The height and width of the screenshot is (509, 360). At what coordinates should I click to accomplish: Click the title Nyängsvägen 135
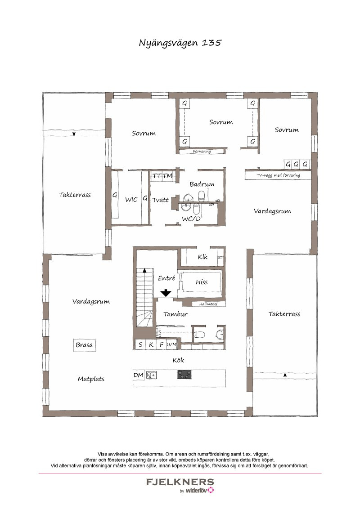[x=180, y=43]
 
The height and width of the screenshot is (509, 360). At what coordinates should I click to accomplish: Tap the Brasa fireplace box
[x=84, y=345]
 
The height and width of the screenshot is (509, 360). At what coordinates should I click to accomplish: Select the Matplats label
[x=91, y=379]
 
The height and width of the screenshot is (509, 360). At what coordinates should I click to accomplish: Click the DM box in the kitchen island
[x=138, y=375]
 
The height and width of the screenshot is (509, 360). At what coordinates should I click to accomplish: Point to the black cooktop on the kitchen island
[x=184, y=374]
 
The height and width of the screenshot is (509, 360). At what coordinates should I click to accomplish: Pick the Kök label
[x=178, y=360]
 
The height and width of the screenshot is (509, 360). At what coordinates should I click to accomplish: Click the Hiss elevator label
[x=202, y=282]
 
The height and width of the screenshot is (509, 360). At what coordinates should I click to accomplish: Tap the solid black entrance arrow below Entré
[x=166, y=293]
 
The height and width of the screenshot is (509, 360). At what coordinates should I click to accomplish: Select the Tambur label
[x=175, y=314]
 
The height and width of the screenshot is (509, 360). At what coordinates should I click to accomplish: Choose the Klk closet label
[x=202, y=257]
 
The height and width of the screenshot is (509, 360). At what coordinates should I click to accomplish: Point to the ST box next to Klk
[x=220, y=258]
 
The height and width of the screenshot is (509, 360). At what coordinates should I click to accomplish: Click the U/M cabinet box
[x=171, y=345]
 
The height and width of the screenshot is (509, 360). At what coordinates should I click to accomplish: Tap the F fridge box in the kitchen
[x=161, y=345]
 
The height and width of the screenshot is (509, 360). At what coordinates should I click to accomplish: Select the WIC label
[x=131, y=200]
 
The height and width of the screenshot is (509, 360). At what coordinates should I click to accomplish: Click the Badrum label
[x=202, y=184]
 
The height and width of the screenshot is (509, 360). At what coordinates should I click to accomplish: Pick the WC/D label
[x=191, y=219]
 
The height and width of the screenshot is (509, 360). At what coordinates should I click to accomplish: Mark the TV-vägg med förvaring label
[x=278, y=175]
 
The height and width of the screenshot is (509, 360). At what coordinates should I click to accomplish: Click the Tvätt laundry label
[x=160, y=200]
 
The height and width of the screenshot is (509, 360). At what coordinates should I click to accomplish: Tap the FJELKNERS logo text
[x=180, y=482]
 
